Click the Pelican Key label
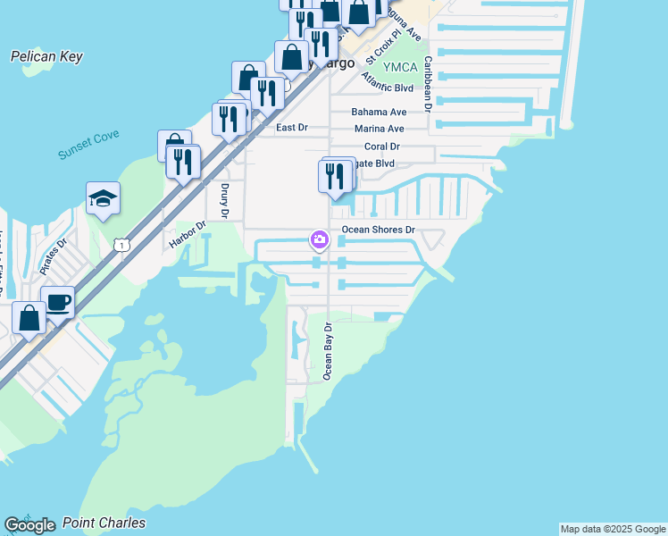(x=46, y=57)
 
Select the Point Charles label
(x=113, y=523)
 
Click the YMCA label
(x=400, y=67)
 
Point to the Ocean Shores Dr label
(x=380, y=230)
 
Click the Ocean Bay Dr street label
(x=329, y=352)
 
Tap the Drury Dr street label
(x=224, y=202)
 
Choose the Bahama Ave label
(x=379, y=112)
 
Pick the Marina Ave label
(x=379, y=129)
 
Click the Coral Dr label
(x=382, y=146)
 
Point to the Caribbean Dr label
(x=428, y=84)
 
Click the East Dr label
(x=291, y=128)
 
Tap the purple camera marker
(x=319, y=239)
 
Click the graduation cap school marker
(x=103, y=198)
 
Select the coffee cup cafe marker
(x=58, y=302)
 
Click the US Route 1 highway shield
(x=122, y=244)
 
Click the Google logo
(x=30, y=525)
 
